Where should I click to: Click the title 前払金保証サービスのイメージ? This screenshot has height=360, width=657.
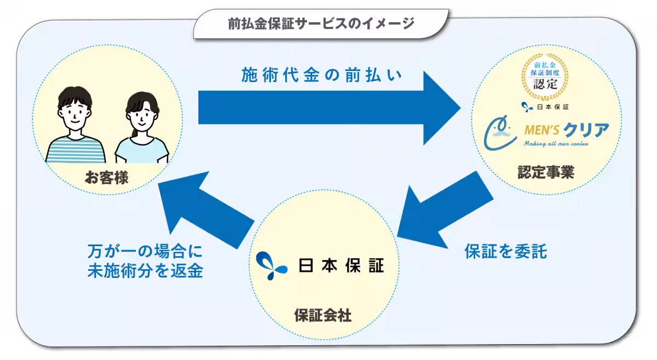(x=321, y=24)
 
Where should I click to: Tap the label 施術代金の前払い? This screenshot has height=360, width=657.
(x=322, y=76)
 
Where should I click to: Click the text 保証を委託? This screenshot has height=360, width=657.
(x=505, y=251)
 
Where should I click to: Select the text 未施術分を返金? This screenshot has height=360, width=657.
(x=145, y=271)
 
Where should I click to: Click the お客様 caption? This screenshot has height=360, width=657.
(x=107, y=177)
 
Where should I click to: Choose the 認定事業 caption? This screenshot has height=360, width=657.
(x=546, y=173)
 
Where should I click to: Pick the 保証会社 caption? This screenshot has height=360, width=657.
(x=322, y=316)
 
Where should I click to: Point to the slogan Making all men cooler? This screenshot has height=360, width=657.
(x=556, y=144)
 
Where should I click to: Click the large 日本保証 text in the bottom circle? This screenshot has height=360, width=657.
(x=341, y=265)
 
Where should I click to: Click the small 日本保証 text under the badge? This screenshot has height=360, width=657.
(x=550, y=106)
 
